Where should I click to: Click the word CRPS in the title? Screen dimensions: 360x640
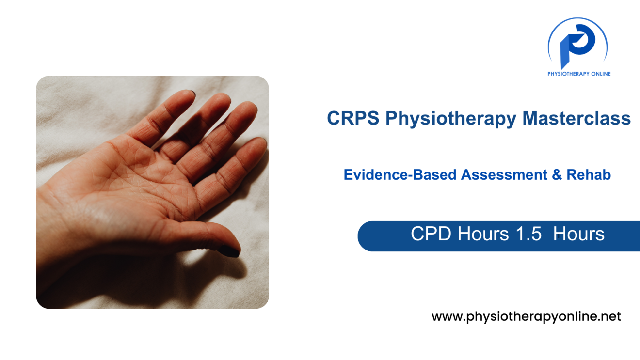(x=353, y=118)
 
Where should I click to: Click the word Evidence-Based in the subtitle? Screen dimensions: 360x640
(x=400, y=174)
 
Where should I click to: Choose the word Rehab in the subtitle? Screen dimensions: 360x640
(x=589, y=174)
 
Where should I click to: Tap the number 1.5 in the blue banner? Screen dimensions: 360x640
(x=528, y=234)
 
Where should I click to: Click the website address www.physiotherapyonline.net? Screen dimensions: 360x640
(x=526, y=317)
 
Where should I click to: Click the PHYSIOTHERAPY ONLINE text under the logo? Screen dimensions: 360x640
(x=579, y=74)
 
